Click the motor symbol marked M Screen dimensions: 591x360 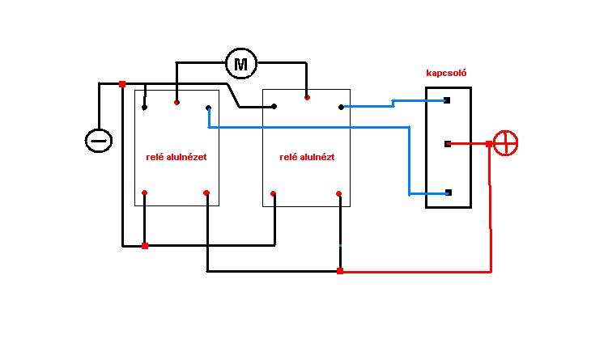[x=241, y=64]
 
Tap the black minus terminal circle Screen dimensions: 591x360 [x=99, y=141]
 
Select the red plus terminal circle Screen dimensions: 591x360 [x=505, y=143]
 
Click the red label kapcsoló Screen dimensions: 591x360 [x=446, y=73]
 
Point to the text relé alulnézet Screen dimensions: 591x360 [x=176, y=157]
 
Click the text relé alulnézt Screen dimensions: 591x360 [x=307, y=157]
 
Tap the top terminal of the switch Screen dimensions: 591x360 [x=447, y=100]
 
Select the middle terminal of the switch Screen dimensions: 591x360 [x=448, y=144]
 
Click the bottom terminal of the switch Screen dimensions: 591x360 [x=449, y=193]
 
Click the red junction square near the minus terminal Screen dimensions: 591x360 [x=122, y=84]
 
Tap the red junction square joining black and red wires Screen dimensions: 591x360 [x=340, y=271]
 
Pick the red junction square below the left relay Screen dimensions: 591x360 [x=145, y=246]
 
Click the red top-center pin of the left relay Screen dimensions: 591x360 [x=176, y=103]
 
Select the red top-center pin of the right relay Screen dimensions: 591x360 [x=307, y=98]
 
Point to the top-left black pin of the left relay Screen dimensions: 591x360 [x=144, y=108]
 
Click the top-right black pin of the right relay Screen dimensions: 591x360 [x=341, y=108]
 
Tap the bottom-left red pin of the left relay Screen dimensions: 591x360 [x=144, y=193]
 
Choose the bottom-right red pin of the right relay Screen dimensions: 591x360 [x=339, y=193]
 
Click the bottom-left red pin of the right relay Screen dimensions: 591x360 [x=273, y=193]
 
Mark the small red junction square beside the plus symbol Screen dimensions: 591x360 [x=489, y=144]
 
